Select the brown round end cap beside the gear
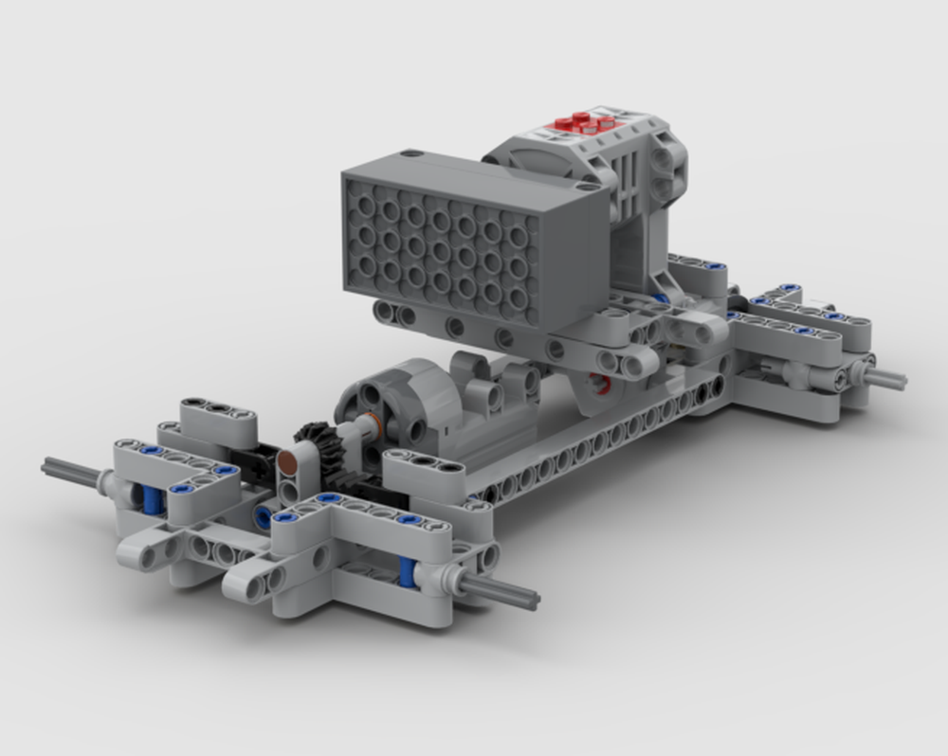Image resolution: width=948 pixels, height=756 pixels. tap(283, 462)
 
